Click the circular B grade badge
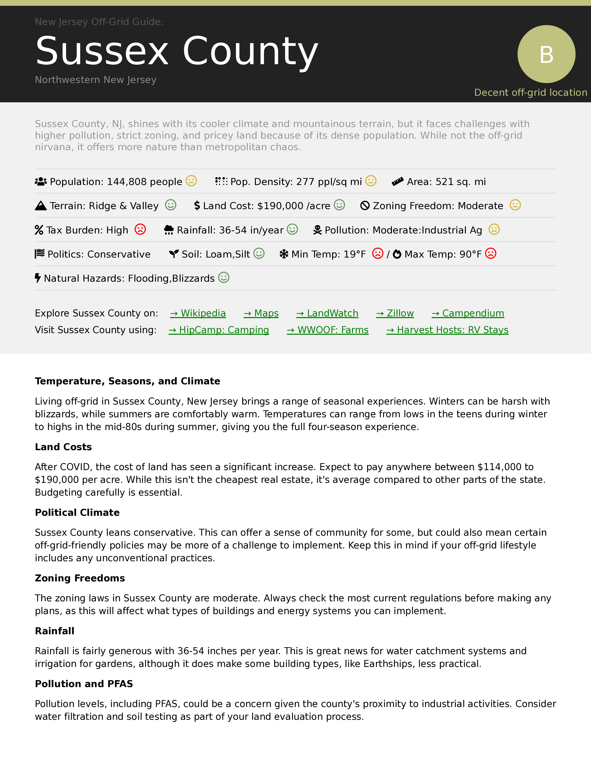coord(546,54)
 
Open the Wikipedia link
coord(198,313)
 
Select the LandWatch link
coord(327,313)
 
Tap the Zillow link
coord(395,313)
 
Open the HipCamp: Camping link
coord(219,330)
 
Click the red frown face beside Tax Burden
coord(140,229)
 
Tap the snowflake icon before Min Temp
coord(284,254)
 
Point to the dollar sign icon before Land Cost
coord(197,206)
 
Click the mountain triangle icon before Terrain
coord(41,206)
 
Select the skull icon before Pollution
coord(317,230)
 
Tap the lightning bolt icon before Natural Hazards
coord(38,278)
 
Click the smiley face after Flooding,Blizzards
coord(224,278)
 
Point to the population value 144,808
coord(127,182)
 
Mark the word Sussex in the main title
coord(102,51)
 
